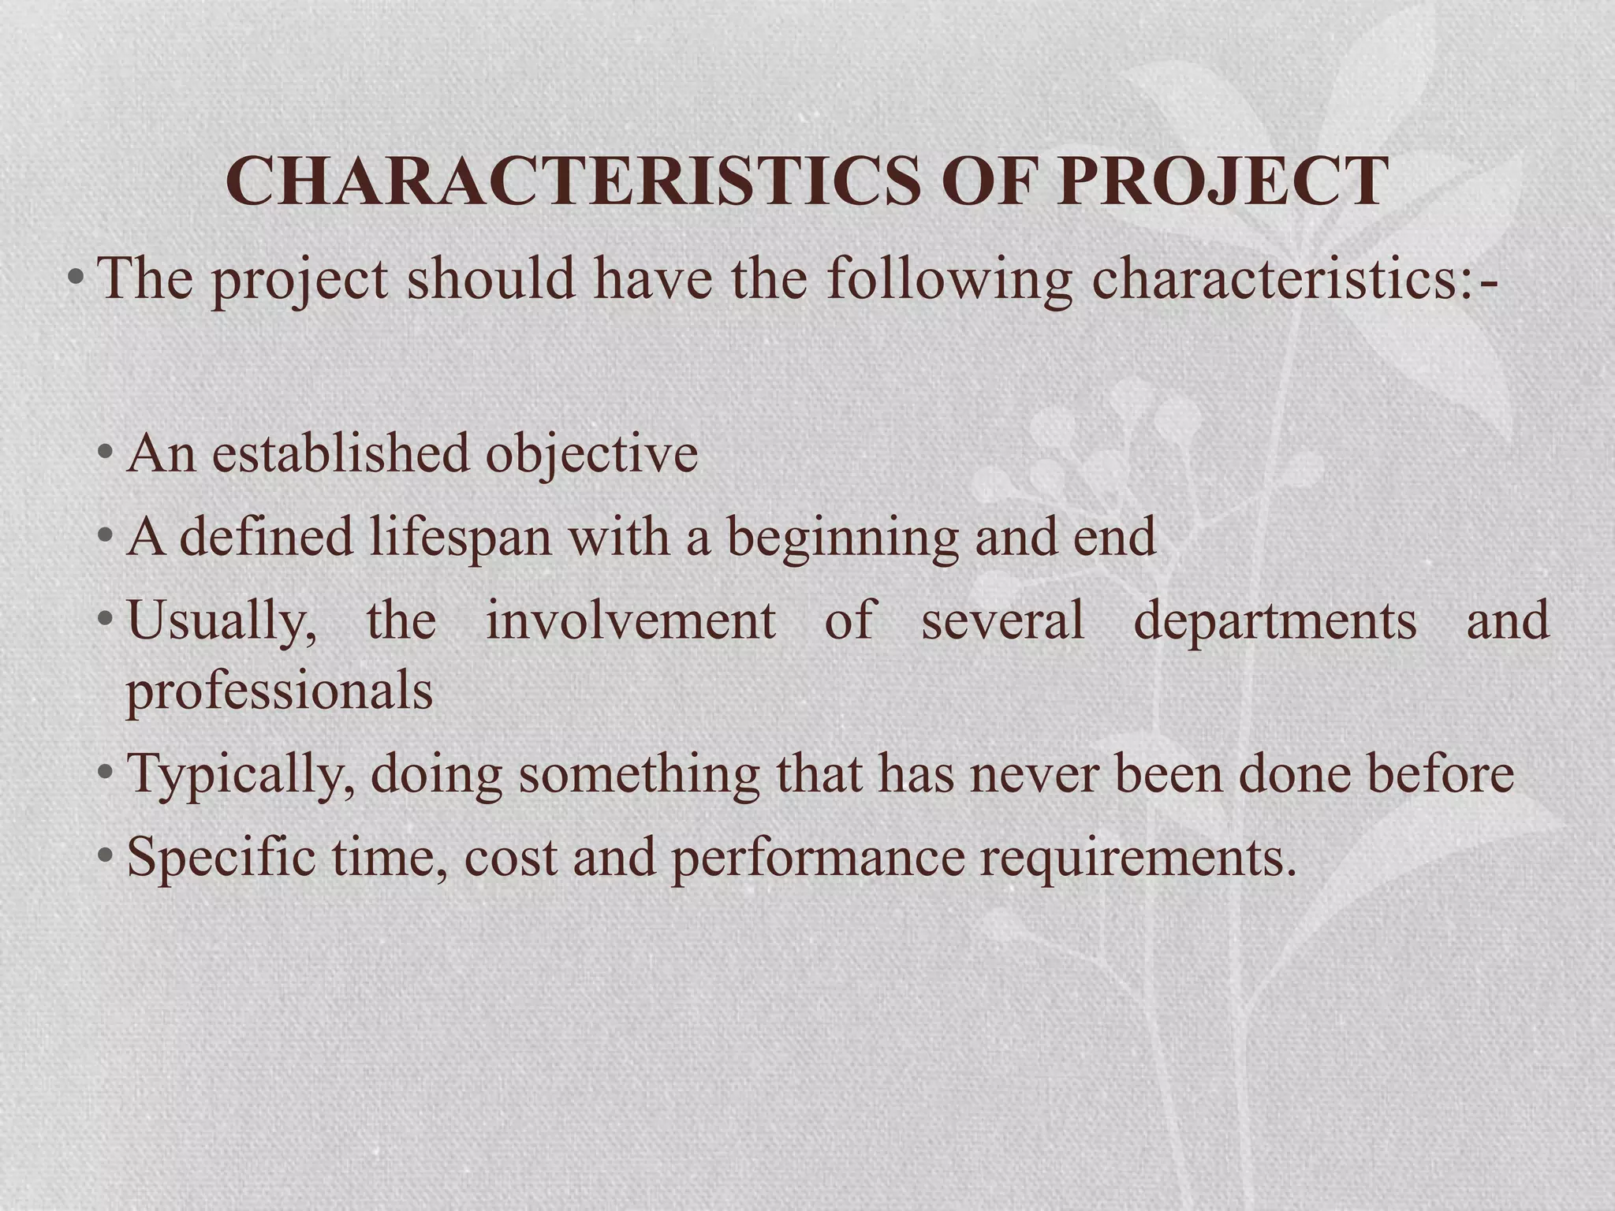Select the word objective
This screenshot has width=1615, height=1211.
click(591, 455)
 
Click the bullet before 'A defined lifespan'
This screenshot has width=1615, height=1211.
click(106, 536)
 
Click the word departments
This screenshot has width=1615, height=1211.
click(1274, 620)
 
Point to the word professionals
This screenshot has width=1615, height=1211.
click(279, 691)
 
